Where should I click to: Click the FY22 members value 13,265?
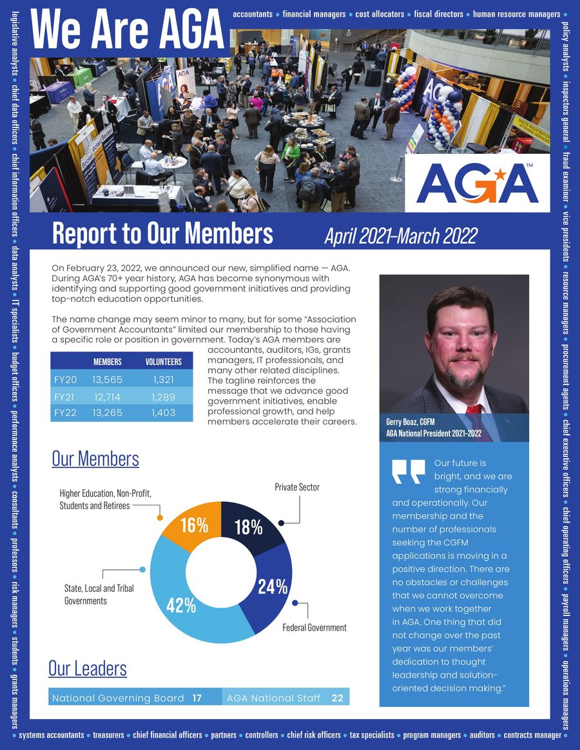(x=108, y=413)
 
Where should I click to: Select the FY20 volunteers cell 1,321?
(x=163, y=380)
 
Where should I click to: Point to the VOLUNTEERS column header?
(x=163, y=362)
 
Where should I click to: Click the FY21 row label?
(x=65, y=397)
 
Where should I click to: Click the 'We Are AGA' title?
(x=126, y=30)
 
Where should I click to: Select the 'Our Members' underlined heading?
(x=95, y=459)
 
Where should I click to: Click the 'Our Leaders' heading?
(x=88, y=668)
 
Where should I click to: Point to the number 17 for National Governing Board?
(x=197, y=698)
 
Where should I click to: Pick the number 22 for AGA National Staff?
(x=337, y=698)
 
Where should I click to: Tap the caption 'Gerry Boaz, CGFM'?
(x=410, y=422)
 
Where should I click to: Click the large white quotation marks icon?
(x=409, y=471)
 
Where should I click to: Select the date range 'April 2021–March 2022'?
(x=400, y=236)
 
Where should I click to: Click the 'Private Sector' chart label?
(x=297, y=487)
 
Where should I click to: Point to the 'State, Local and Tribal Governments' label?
(x=99, y=594)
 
